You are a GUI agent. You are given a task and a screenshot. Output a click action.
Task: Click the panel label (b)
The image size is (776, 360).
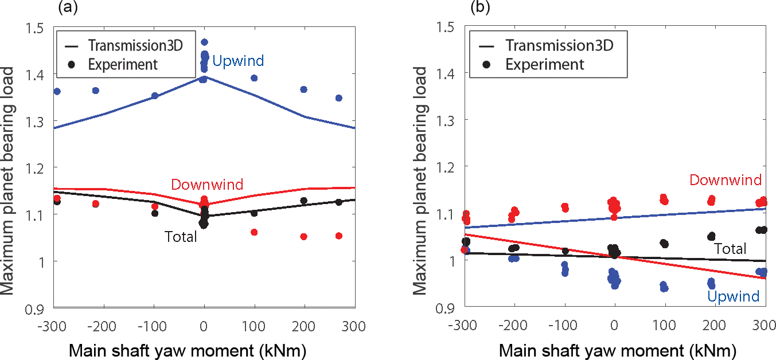coord(480,7)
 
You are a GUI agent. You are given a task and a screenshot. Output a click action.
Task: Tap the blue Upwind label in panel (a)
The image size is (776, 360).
coord(233,61)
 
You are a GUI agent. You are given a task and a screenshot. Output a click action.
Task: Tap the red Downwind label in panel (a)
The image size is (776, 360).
coord(207,185)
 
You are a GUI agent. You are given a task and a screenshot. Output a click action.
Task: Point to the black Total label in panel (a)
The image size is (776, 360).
coord(181,236)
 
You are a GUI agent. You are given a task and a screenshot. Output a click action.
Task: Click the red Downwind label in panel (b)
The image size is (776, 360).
coord(725,180)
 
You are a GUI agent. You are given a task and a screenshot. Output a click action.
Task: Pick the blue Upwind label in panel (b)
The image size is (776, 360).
coord(733,296)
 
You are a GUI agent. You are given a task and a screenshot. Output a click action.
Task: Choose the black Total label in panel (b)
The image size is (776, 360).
coord(730,248)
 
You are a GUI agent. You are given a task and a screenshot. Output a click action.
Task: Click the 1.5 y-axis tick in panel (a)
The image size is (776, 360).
coord(37,27)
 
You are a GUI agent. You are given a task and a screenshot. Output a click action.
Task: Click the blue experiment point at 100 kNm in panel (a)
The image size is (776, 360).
coord(254,78)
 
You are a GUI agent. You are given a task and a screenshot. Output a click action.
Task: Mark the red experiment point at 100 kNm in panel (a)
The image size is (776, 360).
coord(254,232)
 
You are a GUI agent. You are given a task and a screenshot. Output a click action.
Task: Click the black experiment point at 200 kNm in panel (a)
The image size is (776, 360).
coord(304,201)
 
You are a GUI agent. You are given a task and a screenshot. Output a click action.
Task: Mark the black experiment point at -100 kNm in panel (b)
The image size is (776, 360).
coord(566,251)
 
